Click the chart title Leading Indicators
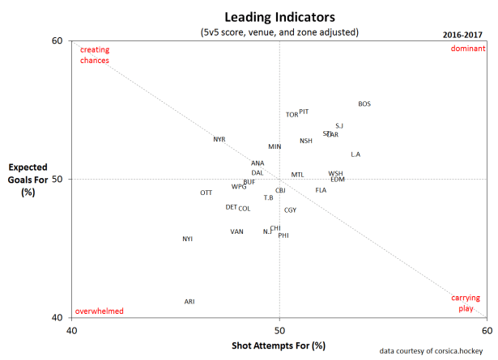[279, 15]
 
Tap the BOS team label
[364, 104]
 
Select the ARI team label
[189, 302]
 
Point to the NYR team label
[219, 139]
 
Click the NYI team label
[188, 239]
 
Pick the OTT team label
[206, 193]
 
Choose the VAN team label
[236, 231]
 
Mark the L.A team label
[355, 155]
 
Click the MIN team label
[275, 146]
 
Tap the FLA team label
[321, 190]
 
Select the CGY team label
[290, 210]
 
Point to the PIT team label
[304, 112]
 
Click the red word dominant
[468, 49]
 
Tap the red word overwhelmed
[99, 311]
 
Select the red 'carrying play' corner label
[466, 303]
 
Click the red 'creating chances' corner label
[95, 55]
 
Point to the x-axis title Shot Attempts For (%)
[279, 345]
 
